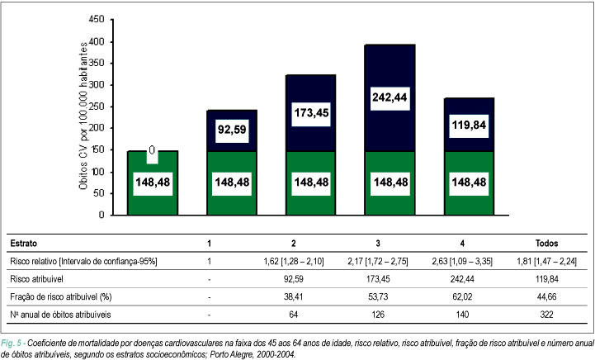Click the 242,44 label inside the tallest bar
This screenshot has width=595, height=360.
tap(390, 97)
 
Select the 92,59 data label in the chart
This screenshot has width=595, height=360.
tap(232, 130)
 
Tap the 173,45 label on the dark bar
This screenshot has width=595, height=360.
tap(311, 113)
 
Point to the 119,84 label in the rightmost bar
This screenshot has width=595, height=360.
tap(469, 125)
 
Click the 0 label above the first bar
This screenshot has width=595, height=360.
tap(152, 150)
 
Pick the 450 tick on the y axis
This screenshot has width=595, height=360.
tap(96, 19)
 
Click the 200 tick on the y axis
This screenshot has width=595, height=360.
tap(96, 128)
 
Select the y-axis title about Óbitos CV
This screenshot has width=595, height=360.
tap(83, 116)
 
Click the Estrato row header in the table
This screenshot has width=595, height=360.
tap(24, 243)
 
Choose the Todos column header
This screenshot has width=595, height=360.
tap(547, 243)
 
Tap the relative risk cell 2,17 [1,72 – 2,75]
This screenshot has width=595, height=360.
tap(378, 261)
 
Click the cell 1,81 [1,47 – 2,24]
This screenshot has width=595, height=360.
tap(547, 261)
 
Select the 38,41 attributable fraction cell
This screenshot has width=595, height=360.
tap(293, 296)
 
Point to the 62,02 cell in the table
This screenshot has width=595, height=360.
tap(463, 296)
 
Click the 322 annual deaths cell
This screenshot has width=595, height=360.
tap(547, 315)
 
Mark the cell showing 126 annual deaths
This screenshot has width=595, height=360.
tap(378, 315)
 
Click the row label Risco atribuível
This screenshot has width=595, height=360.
tap(37, 279)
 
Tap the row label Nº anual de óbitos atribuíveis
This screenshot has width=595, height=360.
tap(61, 315)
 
